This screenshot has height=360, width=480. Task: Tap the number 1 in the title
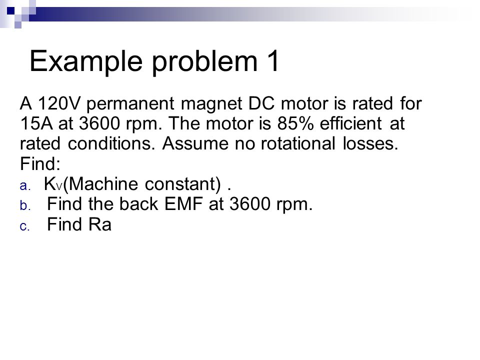(273, 60)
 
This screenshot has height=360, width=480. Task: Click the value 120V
(59, 103)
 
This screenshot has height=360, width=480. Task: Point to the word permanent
(130, 104)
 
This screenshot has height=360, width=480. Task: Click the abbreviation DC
(261, 103)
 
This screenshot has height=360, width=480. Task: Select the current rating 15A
(36, 123)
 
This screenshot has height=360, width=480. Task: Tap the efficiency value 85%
(295, 123)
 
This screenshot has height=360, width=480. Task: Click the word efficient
(350, 123)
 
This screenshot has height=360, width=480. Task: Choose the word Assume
(195, 143)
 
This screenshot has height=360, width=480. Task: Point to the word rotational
(297, 143)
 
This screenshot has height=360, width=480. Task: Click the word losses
(370, 143)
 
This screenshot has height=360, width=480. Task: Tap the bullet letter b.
(25, 205)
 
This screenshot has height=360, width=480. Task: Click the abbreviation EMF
(183, 204)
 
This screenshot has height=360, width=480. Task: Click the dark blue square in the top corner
(10, 11)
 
